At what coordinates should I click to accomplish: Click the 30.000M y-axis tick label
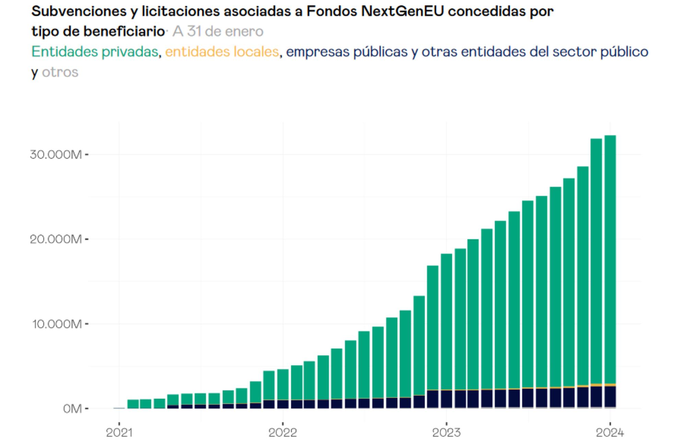click(x=56, y=155)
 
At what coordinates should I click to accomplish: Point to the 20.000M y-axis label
click(x=56, y=239)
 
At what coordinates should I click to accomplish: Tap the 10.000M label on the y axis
click(x=57, y=324)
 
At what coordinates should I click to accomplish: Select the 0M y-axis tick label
click(x=72, y=409)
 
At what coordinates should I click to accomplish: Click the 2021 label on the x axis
click(x=119, y=433)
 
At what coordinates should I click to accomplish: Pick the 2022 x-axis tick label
click(x=282, y=433)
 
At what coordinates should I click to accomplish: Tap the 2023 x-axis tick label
click(x=446, y=433)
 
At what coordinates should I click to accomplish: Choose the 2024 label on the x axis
click(x=610, y=433)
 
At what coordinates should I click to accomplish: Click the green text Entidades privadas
click(x=94, y=52)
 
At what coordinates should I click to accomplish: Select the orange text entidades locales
click(x=222, y=52)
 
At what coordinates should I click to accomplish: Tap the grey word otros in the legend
click(x=60, y=72)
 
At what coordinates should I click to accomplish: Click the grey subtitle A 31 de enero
click(x=218, y=32)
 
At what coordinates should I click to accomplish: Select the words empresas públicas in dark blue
click(x=347, y=52)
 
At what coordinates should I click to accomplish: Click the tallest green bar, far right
click(x=610, y=258)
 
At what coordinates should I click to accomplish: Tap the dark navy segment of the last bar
click(x=610, y=397)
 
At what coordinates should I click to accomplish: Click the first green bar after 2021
click(x=133, y=404)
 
